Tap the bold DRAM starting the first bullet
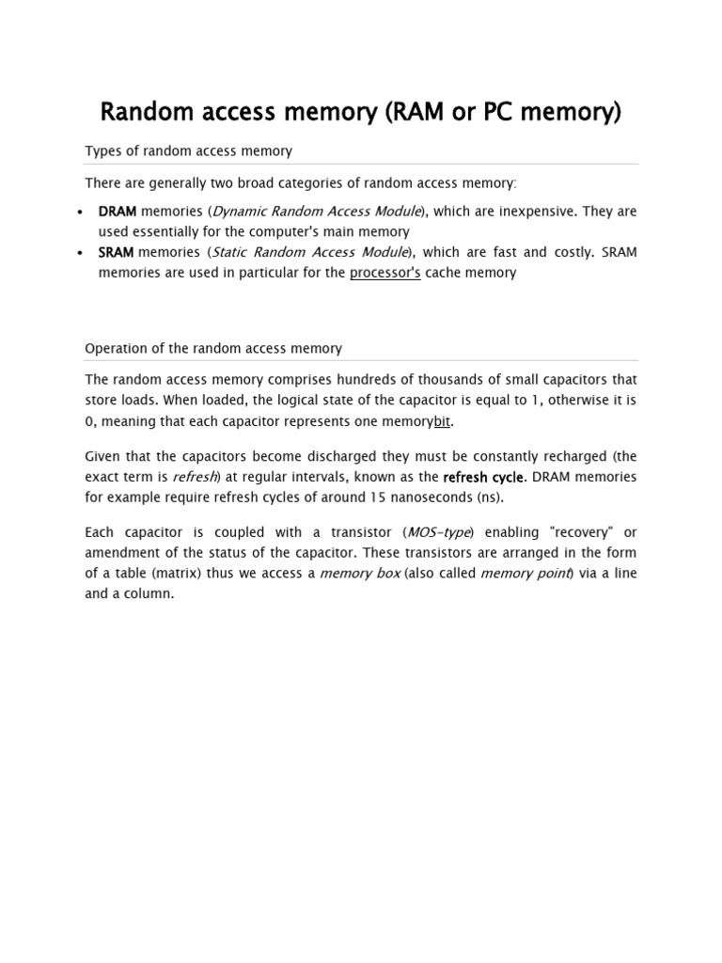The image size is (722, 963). tap(118, 212)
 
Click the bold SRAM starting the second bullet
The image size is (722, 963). tap(117, 252)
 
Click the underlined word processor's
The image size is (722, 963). tap(385, 273)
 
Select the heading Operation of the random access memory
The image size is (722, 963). tap(213, 348)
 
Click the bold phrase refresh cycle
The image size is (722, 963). tap(482, 477)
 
